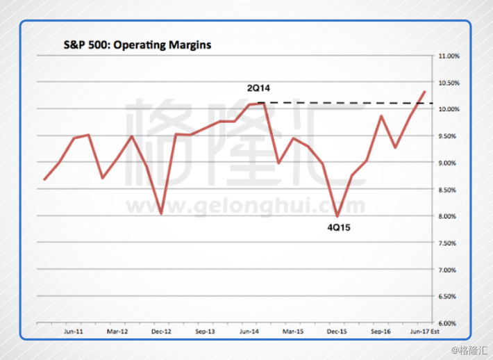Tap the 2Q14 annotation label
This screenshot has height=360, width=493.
pyautogui.click(x=260, y=89)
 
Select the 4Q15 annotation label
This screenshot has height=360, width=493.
pyautogui.click(x=340, y=227)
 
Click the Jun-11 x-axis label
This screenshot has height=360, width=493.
pyautogui.click(x=74, y=332)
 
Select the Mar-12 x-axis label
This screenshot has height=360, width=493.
pyautogui.click(x=118, y=332)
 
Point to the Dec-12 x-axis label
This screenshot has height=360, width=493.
pyautogui.click(x=161, y=332)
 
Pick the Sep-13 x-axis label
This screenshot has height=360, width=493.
pyautogui.click(x=205, y=332)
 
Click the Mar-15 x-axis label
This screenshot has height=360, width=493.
pyautogui.click(x=292, y=332)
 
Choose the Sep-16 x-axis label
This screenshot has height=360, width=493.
pyautogui.click(x=381, y=332)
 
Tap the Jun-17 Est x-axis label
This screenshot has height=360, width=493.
pyautogui.click(x=425, y=332)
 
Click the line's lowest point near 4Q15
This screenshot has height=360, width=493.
pyautogui.click(x=337, y=216)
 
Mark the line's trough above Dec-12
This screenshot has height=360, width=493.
pyautogui.click(x=161, y=213)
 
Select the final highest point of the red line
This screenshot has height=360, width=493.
pyautogui.click(x=424, y=91)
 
